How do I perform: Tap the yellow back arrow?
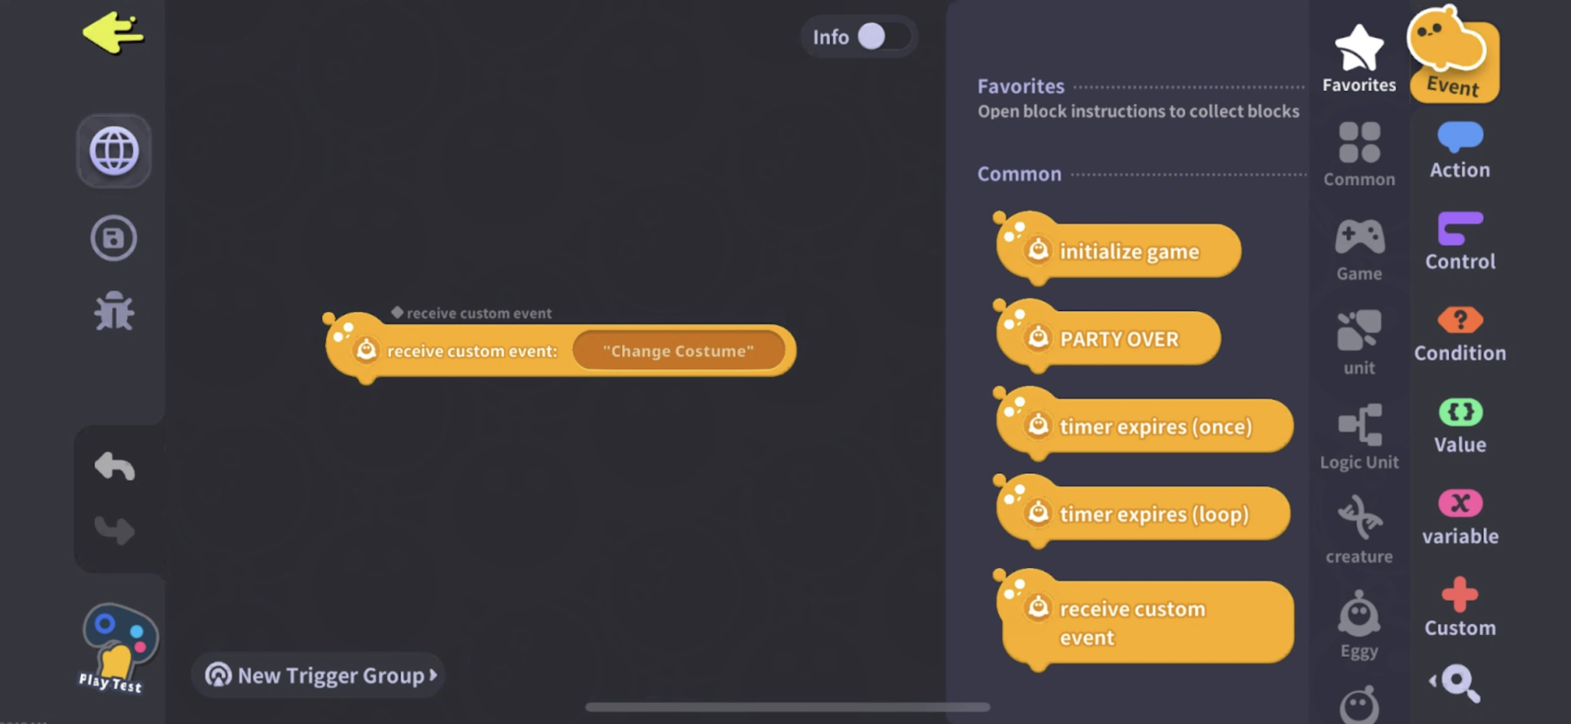click(113, 34)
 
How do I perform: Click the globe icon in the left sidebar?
click(114, 151)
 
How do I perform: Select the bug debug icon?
click(114, 311)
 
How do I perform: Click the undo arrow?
click(114, 466)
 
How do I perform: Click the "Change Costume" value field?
click(678, 351)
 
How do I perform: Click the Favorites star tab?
click(1358, 58)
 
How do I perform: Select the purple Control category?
click(1460, 241)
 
